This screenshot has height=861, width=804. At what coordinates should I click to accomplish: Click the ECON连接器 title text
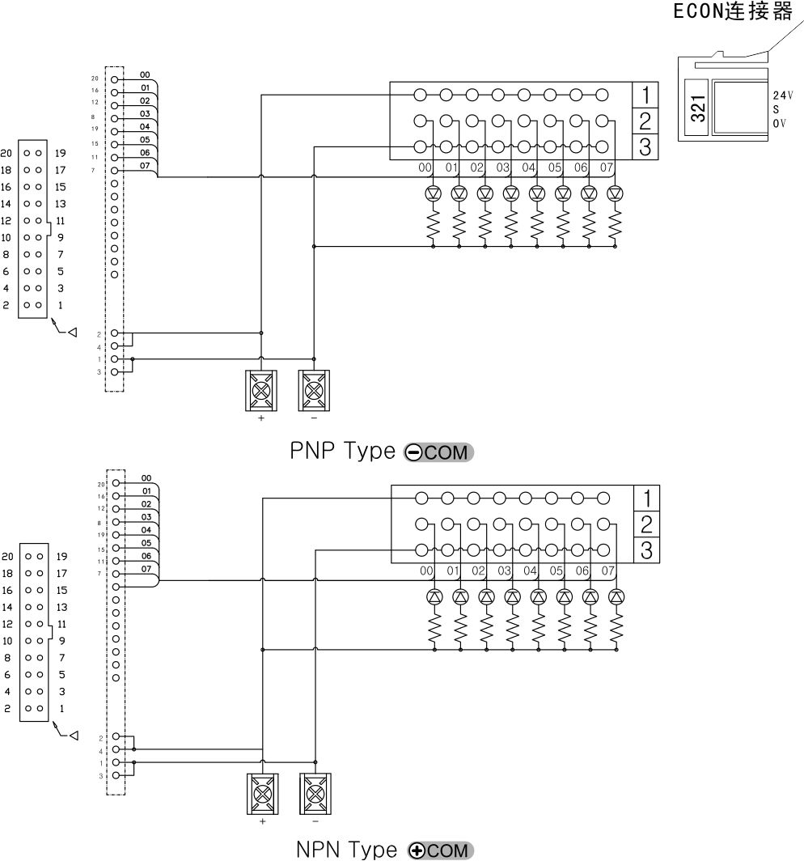tap(733, 13)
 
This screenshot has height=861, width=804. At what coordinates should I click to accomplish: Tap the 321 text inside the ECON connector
tap(698, 108)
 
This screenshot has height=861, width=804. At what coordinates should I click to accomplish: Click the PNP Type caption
tap(342, 451)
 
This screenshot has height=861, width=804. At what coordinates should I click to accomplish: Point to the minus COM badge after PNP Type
tap(438, 452)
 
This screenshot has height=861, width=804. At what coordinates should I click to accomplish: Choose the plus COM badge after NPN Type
tap(441, 850)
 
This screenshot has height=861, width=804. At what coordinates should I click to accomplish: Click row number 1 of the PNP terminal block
tap(645, 95)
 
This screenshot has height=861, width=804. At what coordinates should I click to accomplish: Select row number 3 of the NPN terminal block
tap(646, 551)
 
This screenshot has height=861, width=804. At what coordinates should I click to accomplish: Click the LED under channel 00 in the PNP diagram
tap(433, 193)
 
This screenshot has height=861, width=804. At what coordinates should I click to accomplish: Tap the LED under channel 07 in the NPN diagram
tap(616, 596)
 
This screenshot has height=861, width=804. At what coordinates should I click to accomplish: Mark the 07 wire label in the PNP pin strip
tap(145, 166)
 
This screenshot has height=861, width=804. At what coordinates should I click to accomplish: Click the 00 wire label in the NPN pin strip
tap(146, 478)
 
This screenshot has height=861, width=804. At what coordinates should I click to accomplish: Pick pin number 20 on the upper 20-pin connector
tap(6, 153)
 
